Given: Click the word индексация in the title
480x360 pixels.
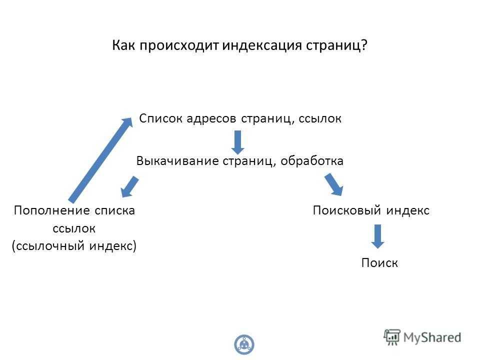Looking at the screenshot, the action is pos(262,46).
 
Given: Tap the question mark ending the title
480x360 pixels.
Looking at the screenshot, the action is pos(363,45).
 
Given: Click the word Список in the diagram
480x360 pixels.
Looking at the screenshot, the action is pos(161,118).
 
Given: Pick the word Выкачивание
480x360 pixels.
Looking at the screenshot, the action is pos(177,161).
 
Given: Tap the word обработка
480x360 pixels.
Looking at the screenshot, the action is pos(312,160).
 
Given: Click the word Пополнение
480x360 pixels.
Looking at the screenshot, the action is pos(52,210).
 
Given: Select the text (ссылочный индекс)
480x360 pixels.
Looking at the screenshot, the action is pos(74,246).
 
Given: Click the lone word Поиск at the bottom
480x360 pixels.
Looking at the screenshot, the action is pos(379,263).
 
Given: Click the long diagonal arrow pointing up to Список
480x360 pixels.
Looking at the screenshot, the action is pos(100,159).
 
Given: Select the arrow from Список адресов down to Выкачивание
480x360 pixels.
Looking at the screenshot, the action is pos(237,142).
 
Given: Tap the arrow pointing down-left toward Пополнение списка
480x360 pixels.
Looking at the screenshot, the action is pos(130,186).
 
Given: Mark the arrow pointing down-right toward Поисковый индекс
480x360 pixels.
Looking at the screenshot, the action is pos(334,184).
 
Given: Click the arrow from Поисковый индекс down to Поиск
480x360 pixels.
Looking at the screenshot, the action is pos(378,236).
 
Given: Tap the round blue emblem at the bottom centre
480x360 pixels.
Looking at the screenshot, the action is pos(244,344).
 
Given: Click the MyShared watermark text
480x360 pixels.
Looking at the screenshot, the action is pos(432,337).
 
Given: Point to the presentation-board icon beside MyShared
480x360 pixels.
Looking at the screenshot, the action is pos(392,337).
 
